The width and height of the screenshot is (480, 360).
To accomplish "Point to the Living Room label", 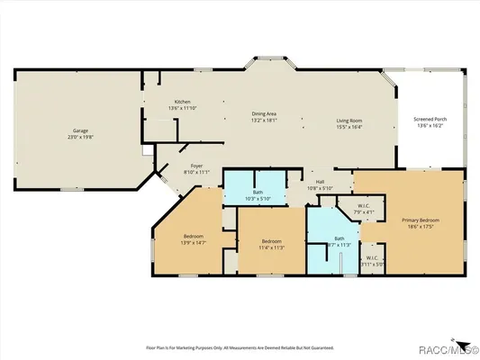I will tap(349, 120).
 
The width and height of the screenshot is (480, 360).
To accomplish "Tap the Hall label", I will tap(319, 181).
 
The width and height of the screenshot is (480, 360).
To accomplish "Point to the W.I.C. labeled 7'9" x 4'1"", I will tap(364, 206).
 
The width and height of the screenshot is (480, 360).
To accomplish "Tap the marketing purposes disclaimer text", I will tap(240, 346).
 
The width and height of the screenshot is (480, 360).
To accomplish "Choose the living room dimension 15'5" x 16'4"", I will tap(349, 126).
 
